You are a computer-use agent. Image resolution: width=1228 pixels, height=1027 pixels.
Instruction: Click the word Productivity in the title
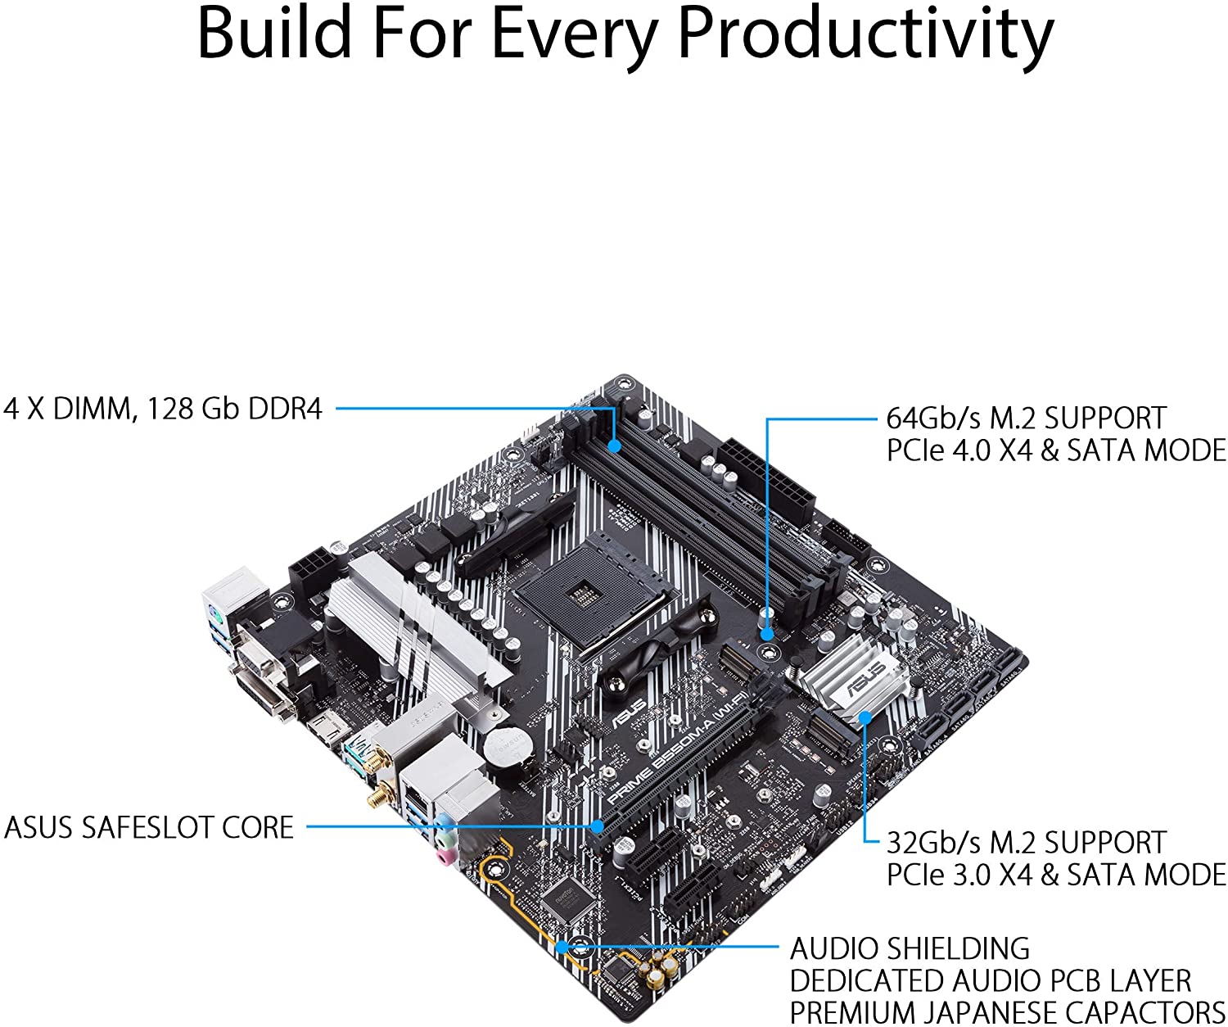tap(866, 34)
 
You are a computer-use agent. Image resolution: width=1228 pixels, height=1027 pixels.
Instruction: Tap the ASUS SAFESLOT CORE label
tap(149, 827)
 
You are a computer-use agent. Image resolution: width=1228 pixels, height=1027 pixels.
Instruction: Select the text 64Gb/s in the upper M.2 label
tap(933, 418)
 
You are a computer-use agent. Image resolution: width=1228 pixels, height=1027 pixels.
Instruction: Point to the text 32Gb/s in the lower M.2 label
tap(933, 843)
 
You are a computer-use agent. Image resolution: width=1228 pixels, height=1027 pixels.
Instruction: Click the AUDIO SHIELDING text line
tap(910, 948)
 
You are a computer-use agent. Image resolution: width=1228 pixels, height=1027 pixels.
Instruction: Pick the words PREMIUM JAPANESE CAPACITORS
tap(1006, 1012)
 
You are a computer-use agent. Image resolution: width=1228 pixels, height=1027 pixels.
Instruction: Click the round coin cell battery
tap(503, 745)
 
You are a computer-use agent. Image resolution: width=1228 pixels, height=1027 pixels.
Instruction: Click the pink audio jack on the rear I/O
tap(444, 856)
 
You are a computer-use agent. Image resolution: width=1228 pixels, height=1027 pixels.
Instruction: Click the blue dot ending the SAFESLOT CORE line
tap(598, 826)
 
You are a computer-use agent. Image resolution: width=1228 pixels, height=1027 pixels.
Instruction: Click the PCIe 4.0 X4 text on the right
tap(959, 450)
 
